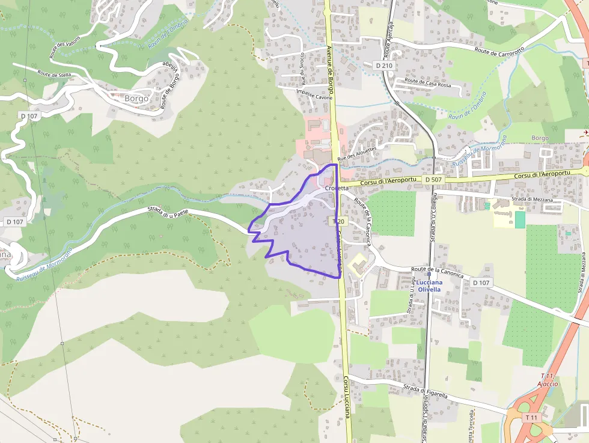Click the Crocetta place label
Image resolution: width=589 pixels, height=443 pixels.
(337, 188)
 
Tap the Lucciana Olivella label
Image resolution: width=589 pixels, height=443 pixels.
(430, 286)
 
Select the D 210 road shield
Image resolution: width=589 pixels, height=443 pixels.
(383, 65)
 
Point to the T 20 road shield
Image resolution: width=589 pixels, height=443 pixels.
(338, 221)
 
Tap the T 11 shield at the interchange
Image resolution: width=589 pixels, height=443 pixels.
(531, 417)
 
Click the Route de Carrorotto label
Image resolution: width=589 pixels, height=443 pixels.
(499, 50)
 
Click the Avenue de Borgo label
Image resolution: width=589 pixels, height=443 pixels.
(330, 60)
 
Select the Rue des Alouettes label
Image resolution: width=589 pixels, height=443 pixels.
(357, 153)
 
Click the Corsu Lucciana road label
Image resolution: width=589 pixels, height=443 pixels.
(347, 397)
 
